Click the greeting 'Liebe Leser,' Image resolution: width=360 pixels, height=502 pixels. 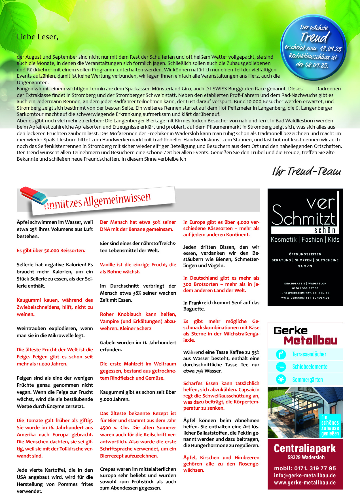point(37,37)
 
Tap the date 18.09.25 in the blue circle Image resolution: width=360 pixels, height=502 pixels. point(331,49)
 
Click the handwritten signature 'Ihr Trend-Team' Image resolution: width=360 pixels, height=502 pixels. point(306,171)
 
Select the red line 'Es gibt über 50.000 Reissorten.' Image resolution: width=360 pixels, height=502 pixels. point(51,250)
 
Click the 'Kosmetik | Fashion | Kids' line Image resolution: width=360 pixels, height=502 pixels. point(305,240)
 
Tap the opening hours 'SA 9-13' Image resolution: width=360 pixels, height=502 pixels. point(305,266)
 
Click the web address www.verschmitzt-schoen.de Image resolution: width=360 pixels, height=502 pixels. point(305,298)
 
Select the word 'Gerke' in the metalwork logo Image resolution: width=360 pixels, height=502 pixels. point(290,331)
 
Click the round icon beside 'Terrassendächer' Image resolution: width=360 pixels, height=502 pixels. point(281,354)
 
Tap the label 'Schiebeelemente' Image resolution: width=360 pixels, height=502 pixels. point(310,367)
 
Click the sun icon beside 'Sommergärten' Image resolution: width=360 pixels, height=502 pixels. point(281,379)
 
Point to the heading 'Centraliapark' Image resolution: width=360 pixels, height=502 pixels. point(305,448)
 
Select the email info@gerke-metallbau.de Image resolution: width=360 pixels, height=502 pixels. point(305,476)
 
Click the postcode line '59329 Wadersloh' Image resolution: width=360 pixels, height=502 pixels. point(306,458)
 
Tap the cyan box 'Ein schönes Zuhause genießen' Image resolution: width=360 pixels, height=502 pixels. point(330,425)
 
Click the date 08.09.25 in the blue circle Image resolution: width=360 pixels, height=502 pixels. point(316,65)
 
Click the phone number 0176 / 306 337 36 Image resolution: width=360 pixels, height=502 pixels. point(305,288)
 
